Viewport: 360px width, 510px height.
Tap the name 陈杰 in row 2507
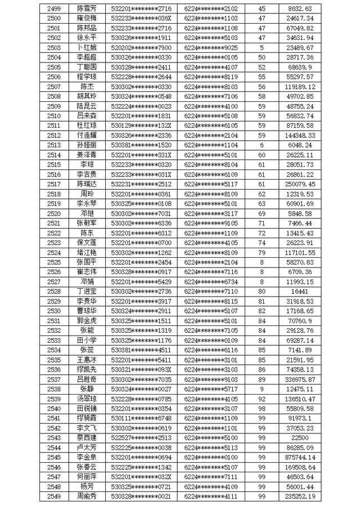pos(87,87)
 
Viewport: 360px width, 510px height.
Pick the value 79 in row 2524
pos(262,252)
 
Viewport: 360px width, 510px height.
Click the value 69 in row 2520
pos(262,213)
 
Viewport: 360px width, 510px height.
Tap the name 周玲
pos(87,194)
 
